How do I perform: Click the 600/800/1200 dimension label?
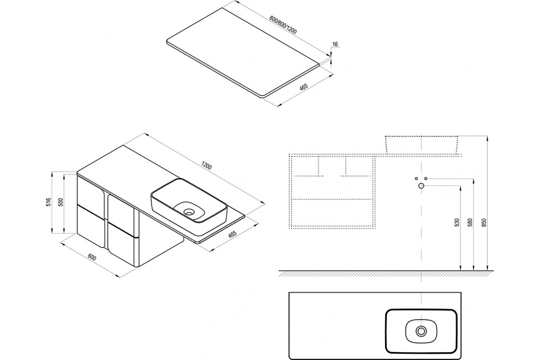[283, 25]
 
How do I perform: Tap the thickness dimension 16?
[335, 44]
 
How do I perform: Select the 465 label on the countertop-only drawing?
[304, 87]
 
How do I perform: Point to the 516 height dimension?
[49, 202]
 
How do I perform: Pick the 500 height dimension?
[61, 202]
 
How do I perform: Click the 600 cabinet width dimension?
[92, 257]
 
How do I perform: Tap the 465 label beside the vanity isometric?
[233, 234]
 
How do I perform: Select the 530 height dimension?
[457, 222]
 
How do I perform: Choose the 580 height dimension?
[470, 222]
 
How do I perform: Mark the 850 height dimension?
[484, 222]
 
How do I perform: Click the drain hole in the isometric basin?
[189, 212]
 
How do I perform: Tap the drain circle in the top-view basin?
[421, 331]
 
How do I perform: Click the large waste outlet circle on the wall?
[421, 186]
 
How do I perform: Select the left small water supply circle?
[416, 179]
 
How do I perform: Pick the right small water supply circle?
[426, 179]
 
